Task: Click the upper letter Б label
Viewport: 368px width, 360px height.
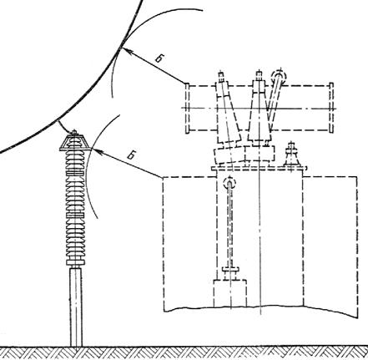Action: (x=159, y=58)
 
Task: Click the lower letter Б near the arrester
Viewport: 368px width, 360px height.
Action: (x=131, y=155)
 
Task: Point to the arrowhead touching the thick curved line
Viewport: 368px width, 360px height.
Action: (x=123, y=50)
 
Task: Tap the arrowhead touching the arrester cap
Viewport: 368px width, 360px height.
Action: (x=95, y=151)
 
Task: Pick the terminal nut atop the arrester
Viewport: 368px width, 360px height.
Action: (x=74, y=133)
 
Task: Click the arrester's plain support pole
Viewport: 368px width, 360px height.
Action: (x=76, y=307)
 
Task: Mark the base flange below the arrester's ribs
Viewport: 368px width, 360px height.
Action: (x=75, y=262)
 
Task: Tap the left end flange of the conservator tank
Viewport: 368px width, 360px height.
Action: (x=187, y=108)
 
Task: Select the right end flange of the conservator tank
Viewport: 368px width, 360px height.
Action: (x=331, y=108)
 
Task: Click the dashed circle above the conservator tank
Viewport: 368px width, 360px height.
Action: (x=279, y=75)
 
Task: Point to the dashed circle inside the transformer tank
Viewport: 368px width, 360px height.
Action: (x=229, y=183)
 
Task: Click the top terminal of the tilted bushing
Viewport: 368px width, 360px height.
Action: (x=221, y=76)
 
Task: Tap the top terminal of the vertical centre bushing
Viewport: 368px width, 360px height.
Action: (x=259, y=75)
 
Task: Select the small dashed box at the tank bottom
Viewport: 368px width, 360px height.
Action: (x=230, y=293)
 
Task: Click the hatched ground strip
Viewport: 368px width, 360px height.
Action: (x=184, y=353)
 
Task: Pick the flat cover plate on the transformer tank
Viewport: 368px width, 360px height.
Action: (x=260, y=168)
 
